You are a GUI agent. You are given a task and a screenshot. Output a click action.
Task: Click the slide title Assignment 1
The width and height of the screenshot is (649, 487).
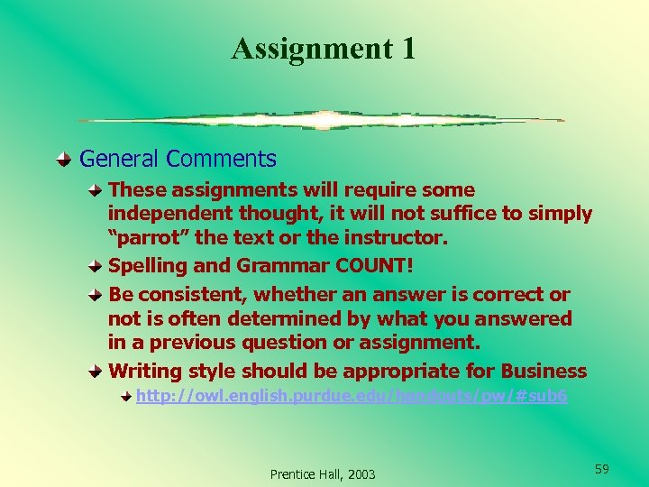(x=324, y=48)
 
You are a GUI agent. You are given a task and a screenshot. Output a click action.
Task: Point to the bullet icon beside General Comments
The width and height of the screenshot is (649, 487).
(x=62, y=161)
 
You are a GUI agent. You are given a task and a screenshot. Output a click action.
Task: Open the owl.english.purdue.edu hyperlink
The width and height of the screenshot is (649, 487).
(x=352, y=396)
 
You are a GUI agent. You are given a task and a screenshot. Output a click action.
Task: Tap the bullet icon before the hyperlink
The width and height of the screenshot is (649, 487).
(x=127, y=396)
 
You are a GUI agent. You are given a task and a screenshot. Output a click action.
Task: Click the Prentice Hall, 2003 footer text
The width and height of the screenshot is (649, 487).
(x=323, y=473)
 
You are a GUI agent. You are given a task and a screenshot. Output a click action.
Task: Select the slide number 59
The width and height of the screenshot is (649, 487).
(x=602, y=469)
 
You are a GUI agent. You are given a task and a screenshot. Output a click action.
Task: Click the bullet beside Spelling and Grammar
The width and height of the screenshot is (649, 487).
(x=96, y=266)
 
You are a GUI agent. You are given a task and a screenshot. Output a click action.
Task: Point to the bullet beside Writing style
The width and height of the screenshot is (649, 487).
(x=96, y=372)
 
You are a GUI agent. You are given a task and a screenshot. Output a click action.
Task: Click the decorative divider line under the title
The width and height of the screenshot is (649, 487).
(x=321, y=120)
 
